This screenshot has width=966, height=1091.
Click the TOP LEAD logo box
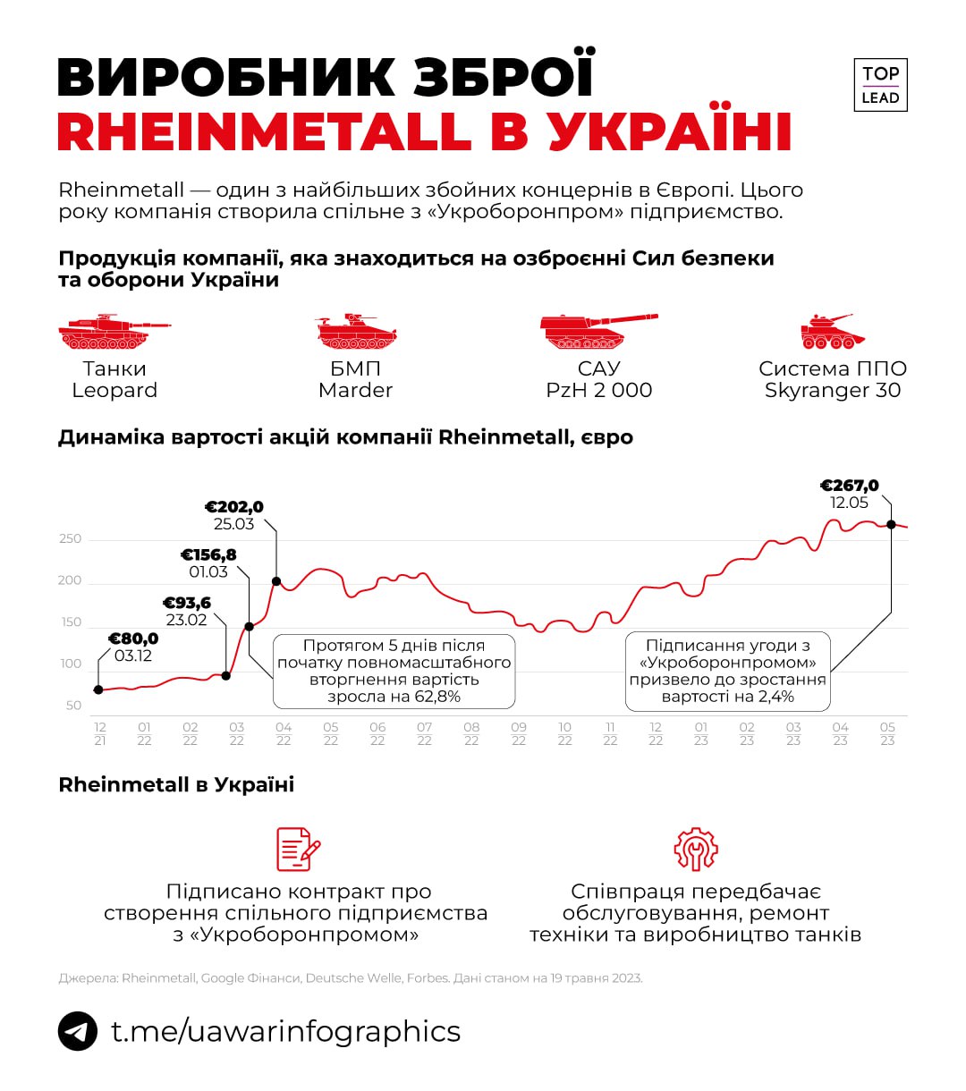[x=880, y=86]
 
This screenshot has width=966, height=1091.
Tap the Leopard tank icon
[x=113, y=333]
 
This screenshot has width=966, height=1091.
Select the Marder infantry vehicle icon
[x=356, y=333]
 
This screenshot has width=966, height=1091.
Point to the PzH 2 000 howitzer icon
[x=597, y=332]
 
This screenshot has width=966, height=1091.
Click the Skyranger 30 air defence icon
[x=832, y=332]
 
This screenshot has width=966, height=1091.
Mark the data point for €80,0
[x=98, y=689]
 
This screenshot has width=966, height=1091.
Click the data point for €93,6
[x=225, y=675]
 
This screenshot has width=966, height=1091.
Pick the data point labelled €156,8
[x=250, y=626]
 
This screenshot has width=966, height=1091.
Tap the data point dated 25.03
[x=276, y=581]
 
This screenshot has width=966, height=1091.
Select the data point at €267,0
[x=891, y=524]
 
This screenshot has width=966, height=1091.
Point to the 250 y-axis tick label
[x=70, y=538]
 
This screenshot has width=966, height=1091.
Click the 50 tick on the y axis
[x=73, y=706]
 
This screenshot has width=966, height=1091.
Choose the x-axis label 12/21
[x=99, y=734]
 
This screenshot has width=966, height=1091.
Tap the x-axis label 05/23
[x=887, y=734]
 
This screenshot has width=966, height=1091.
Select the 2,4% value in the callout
[x=775, y=697]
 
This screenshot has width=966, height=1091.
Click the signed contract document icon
[x=298, y=849]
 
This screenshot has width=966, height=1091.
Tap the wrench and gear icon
[x=696, y=849]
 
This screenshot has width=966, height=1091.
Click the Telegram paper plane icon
[x=78, y=1031]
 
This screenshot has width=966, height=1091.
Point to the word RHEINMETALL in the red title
[x=264, y=131]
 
